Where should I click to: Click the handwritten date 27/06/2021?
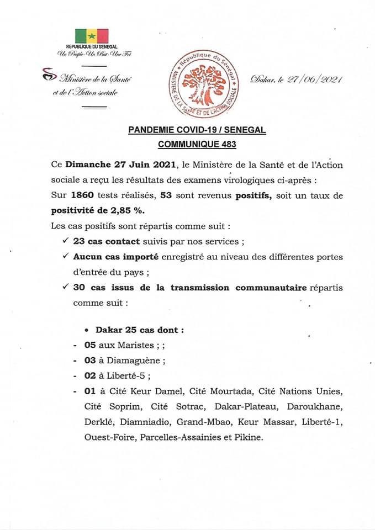tap(319, 79)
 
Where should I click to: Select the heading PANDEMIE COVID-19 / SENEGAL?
tap(197, 130)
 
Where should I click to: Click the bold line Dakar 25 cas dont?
tap(139, 330)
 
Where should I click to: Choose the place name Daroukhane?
tap(321, 407)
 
